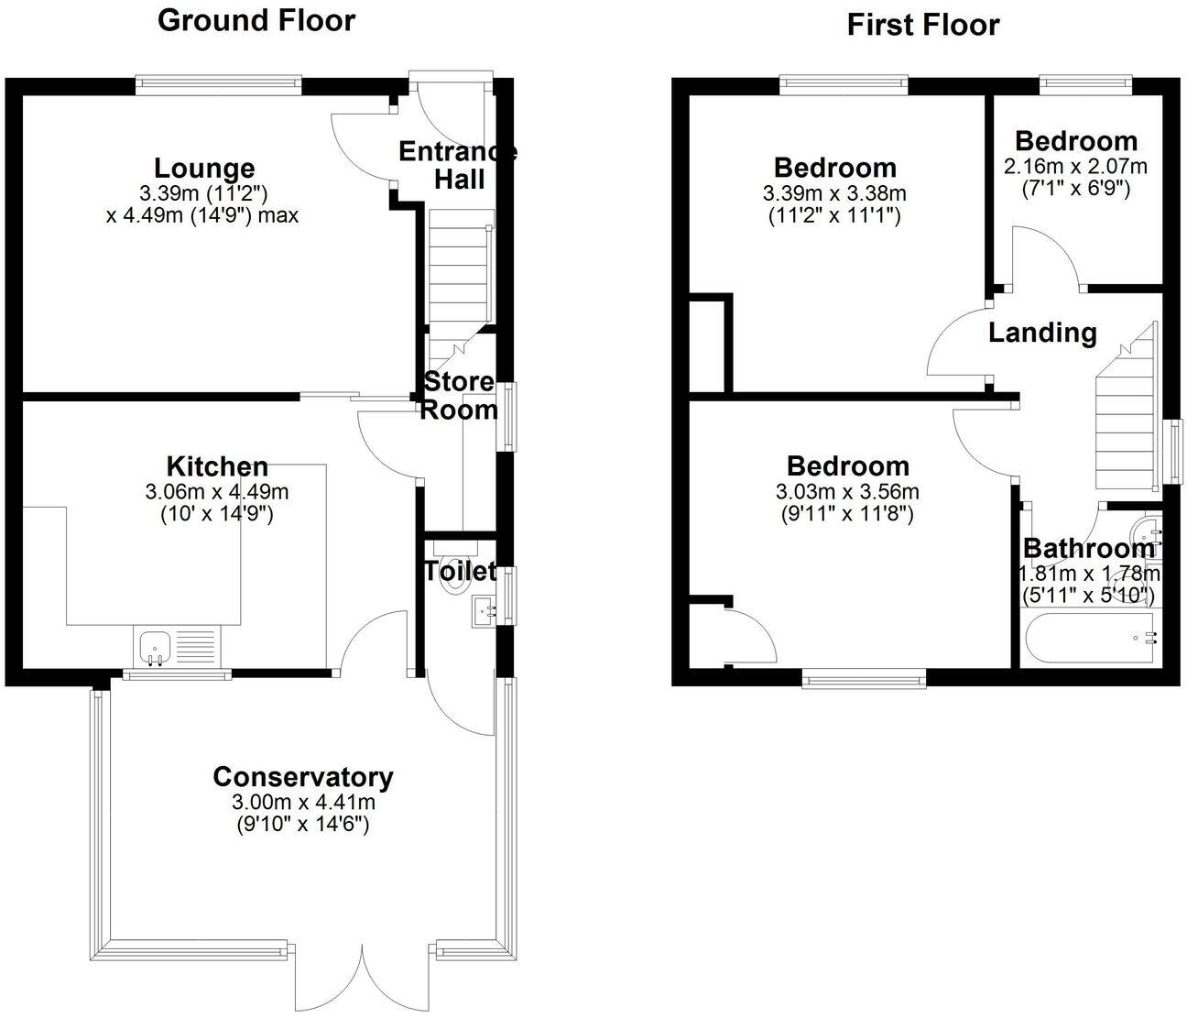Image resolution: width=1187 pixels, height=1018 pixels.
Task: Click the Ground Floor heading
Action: point(256,20)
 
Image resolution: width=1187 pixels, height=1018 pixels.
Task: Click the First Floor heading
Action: point(922,25)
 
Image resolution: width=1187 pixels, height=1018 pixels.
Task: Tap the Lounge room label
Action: point(203,169)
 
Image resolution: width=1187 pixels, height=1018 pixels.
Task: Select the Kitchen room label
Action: point(217,466)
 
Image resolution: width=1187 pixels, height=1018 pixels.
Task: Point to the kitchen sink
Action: point(153,647)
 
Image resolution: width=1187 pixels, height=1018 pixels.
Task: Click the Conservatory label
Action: point(303,777)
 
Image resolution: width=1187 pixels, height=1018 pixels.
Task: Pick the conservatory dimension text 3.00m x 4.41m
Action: point(303,803)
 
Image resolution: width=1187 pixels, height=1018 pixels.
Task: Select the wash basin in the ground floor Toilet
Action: point(484,611)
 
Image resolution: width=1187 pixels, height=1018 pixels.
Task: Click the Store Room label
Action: point(458,396)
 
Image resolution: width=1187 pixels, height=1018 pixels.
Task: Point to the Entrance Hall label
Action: point(458,165)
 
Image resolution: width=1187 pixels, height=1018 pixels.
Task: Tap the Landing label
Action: point(1042,333)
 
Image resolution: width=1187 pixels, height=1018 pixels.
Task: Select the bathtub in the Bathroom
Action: point(1089,638)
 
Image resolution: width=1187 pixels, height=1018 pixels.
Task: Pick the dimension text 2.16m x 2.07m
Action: point(1075,167)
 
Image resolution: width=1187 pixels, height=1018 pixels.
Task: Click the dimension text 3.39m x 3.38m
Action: point(834,193)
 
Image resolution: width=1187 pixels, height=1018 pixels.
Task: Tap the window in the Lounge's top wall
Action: point(218,85)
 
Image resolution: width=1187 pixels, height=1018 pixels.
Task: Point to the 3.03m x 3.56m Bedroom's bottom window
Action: point(864,678)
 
